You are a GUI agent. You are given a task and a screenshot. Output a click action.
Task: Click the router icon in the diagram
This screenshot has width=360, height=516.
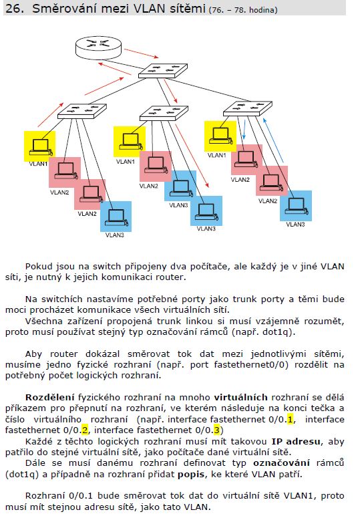[99, 47]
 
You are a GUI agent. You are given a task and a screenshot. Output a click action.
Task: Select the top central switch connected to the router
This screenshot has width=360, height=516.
[163, 71]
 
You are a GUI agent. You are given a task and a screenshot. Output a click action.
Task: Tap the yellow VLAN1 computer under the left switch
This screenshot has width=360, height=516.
[40, 146]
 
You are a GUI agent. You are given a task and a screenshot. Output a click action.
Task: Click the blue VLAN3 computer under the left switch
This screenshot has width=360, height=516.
[116, 217]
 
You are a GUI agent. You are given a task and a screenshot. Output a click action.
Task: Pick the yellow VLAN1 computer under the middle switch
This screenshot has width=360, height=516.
[130, 142]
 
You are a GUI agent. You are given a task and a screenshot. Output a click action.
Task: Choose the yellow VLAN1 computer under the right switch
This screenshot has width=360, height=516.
[220, 136]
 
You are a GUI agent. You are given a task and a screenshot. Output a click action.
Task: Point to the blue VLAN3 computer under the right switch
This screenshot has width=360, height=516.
[296, 206]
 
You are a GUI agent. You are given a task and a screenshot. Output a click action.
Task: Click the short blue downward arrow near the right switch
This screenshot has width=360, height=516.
[244, 130]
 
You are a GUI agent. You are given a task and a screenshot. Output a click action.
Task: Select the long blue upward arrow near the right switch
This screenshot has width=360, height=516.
[273, 141]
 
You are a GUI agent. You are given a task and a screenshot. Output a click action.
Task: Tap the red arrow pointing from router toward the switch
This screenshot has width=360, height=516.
[142, 53]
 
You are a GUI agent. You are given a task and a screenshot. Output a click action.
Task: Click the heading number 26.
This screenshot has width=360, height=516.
[15, 8]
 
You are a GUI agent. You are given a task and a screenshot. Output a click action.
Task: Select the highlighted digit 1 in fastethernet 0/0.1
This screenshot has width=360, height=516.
[290, 420]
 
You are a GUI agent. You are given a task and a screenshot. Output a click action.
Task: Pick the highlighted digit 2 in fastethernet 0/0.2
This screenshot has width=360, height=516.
[85, 430]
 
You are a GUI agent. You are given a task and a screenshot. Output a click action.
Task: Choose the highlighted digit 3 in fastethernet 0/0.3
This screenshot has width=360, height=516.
[216, 430]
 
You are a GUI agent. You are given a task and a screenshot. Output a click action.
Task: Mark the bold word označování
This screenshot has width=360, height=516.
[281, 463]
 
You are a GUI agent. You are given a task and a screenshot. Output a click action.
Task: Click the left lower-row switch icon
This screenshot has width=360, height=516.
[82, 111]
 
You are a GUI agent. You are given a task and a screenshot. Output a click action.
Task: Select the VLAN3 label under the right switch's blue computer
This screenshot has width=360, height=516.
[295, 225]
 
